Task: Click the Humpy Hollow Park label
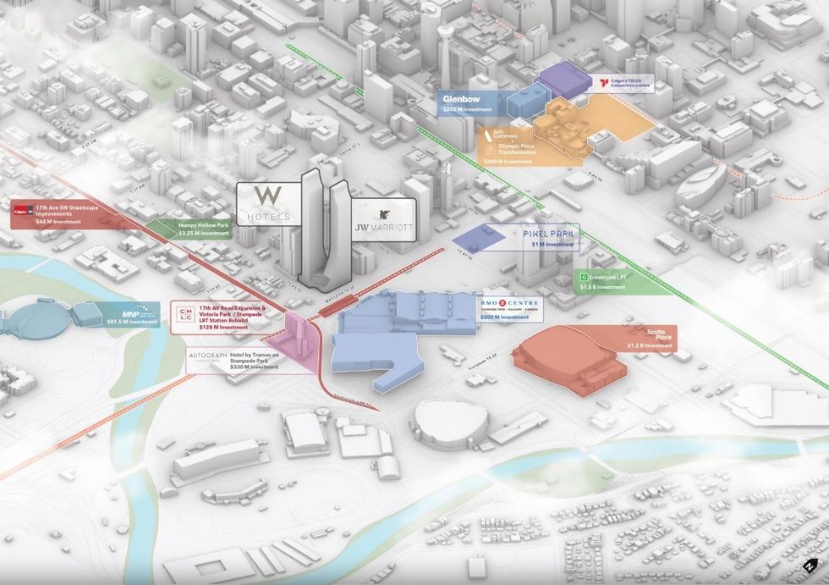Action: [204, 225]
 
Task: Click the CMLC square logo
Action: [187, 316]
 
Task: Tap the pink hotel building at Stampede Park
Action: [303, 342]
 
